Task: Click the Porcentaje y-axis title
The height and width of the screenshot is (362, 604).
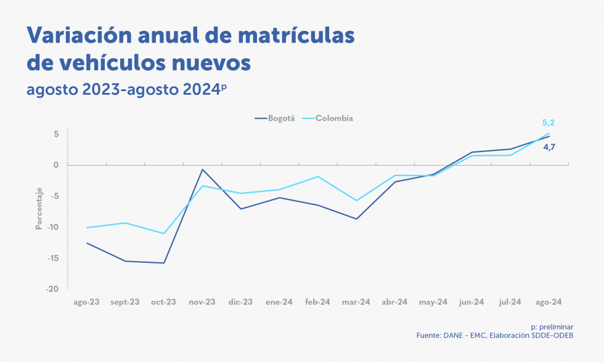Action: click(38, 209)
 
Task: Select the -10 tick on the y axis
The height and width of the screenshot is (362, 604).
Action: click(52, 227)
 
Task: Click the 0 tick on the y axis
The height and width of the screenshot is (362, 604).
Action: click(55, 165)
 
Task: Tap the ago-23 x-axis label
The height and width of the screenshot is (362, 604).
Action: click(86, 302)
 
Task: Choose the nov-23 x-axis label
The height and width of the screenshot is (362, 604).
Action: click(202, 302)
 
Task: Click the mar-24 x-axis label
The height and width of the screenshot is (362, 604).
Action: click(356, 302)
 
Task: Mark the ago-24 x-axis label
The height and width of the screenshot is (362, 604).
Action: click(549, 302)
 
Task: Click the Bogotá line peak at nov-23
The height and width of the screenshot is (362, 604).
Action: click(202, 169)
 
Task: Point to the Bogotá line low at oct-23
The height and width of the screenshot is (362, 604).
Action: click(164, 263)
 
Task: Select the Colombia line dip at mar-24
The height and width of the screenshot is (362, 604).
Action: click(356, 200)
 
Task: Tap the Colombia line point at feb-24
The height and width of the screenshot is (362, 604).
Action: click(318, 177)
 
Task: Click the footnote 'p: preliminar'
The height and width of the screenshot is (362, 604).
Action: click(552, 327)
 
